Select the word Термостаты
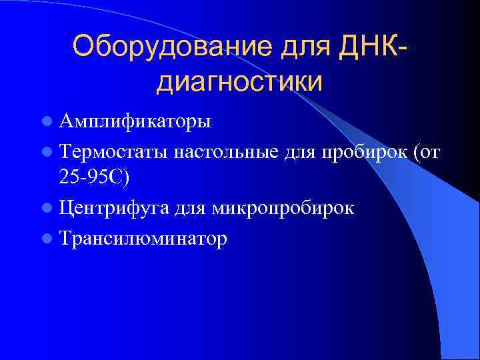(113, 152)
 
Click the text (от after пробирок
(427, 152)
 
